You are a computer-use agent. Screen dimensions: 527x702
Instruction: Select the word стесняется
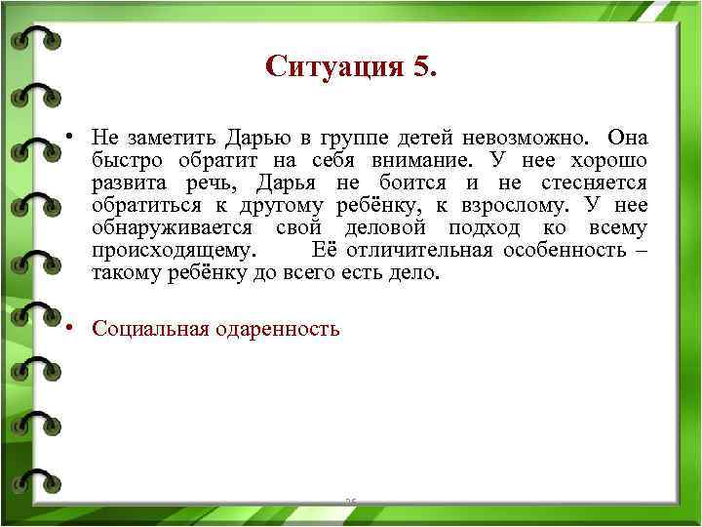[594, 182]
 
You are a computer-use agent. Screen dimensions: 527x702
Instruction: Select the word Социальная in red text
[147, 328]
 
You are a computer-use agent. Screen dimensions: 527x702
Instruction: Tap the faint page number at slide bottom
[351, 502]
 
